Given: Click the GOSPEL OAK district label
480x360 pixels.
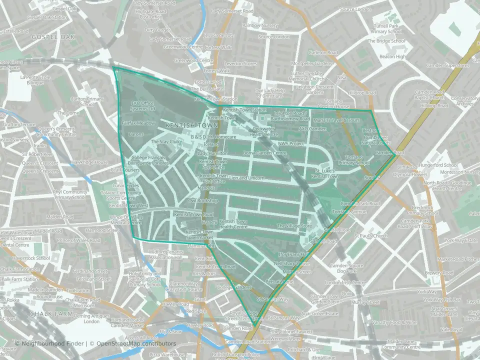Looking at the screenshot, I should coord(52,37).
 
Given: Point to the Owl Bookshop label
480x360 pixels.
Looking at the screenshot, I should coord(203,201).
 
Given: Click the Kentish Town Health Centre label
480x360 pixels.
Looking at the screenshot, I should coord(233,224).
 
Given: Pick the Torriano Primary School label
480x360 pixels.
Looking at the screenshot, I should coord(354,159).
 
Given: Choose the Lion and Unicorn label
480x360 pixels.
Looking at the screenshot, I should coord(246,178).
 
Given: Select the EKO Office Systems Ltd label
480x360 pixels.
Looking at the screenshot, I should coord(143,105).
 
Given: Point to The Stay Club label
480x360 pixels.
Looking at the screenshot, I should coord(165,142).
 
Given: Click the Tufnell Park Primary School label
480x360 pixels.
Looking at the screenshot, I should coord(386,28).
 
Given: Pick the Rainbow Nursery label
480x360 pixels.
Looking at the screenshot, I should coord(260,25).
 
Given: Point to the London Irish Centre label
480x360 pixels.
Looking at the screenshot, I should coord(342,282).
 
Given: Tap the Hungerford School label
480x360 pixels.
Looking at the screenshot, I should coord(439,165).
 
